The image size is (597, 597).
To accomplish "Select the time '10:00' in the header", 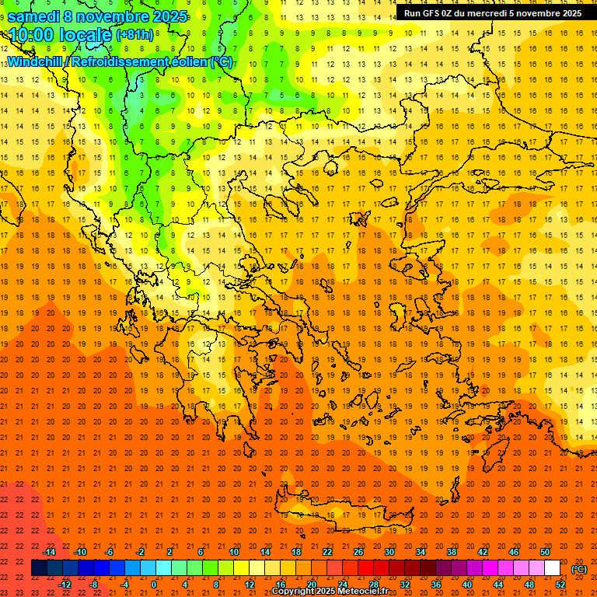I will (x=32, y=35).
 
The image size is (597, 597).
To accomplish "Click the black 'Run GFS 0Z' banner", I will (x=492, y=13).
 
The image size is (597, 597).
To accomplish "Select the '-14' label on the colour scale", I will (x=50, y=552).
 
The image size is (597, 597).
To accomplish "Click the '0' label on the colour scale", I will (x=154, y=585).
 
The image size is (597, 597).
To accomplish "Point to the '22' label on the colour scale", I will (x=328, y=552).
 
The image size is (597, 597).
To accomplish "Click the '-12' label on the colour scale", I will (x=65, y=585).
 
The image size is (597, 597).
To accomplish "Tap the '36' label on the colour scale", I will (x=436, y=585).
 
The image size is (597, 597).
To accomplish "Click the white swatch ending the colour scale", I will (x=553, y=568).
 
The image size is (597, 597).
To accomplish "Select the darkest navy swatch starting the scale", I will (x=39, y=568).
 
